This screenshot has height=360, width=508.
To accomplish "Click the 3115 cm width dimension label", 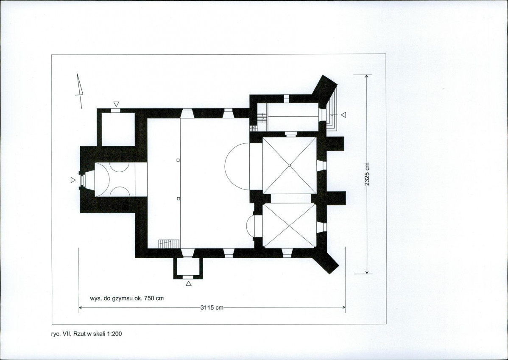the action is click(212, 307).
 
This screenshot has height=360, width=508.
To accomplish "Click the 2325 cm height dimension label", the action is click(367, 174).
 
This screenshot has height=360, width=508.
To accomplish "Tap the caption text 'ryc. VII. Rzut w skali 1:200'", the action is click(87, 334).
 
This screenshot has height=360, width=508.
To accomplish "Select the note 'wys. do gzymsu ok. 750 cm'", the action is click(127, 298).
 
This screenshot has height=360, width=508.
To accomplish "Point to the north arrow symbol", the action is click(79, 90).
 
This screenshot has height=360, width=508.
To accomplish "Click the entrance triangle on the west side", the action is click(73, 180).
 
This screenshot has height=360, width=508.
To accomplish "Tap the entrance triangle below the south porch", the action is click(189, 284).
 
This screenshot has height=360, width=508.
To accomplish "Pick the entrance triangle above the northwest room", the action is click(116, 104).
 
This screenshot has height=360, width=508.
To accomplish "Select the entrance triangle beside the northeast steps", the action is click(343, 115).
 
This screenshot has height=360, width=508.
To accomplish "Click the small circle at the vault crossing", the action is click(289, 165).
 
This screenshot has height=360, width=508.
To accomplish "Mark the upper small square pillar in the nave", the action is click(178, 160).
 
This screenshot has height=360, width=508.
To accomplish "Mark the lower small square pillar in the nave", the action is click(178, 198).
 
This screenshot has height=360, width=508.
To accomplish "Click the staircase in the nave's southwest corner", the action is click(169, 244).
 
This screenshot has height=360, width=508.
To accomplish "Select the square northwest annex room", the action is click(118, 129).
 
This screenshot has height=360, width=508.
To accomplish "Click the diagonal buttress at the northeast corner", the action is click(325, 87).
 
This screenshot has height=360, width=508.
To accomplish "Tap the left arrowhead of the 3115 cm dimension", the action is click(81, 307).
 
